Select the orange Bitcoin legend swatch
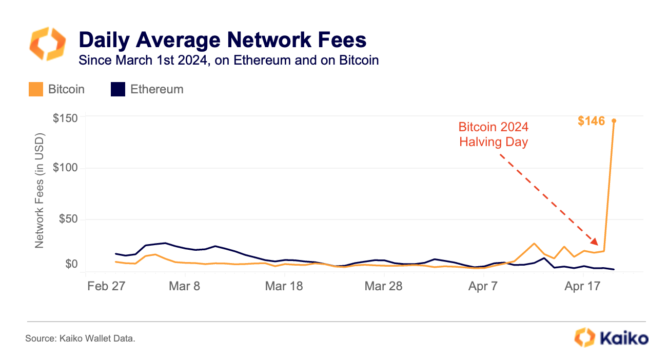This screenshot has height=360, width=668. [x=35, y=89]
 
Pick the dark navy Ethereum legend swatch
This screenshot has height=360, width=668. [x=118, y=89]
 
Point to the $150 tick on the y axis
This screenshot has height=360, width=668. [x=65, y=118]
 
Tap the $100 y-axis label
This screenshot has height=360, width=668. [x=65, y=168]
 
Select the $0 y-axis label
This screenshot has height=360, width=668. [x=71, y=264]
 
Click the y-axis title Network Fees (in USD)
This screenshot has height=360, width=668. [x=40, y=190]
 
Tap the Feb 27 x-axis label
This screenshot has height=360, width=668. [x=105, y=286]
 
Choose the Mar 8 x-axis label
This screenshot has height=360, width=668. [x=184, y=286]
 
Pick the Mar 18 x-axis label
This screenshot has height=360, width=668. [x=284, y=286]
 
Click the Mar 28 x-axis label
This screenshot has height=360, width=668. [x=384, y=286]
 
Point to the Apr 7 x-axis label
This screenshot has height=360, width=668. [x=483, y=286]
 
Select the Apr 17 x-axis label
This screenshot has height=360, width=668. [x=583, y=286]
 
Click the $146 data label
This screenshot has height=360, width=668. [x=591, y=121]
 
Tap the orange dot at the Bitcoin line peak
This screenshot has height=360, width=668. [x=614, y=121]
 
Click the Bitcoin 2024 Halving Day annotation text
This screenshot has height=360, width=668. [x=493, y=134]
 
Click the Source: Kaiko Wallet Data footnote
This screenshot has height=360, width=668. [x=80, y=339]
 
